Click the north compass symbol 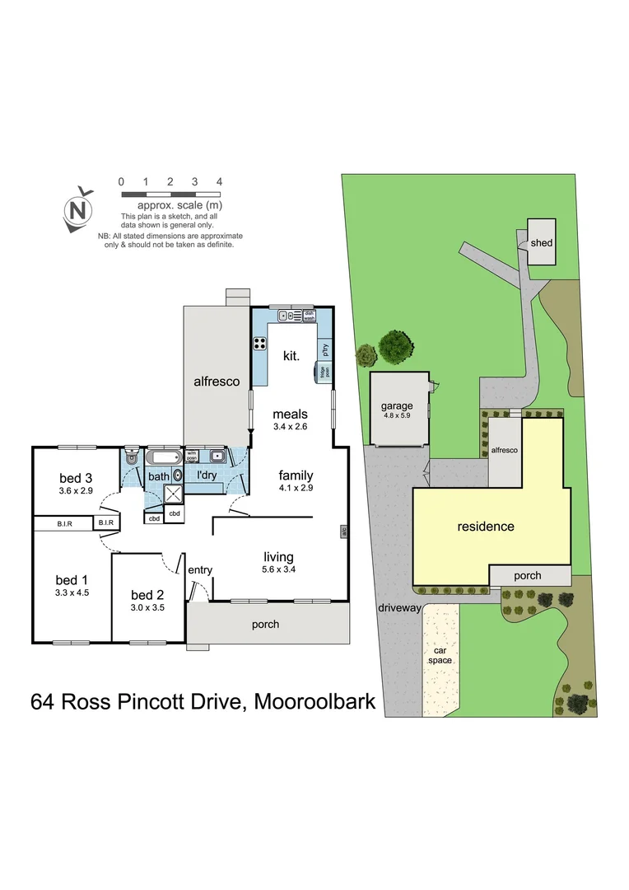coord(78,209)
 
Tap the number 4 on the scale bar coord(219,181)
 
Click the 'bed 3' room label coord(76,478)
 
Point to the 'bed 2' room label coord(148,595)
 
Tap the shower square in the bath coord(175,494)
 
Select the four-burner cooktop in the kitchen coord(259,344)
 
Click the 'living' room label coord(277,557)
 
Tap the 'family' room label coord(296,475)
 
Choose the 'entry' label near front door coord(199,570)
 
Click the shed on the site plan coord(541,242)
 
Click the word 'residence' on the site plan coord(485,527)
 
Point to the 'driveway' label coord(399,608)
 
